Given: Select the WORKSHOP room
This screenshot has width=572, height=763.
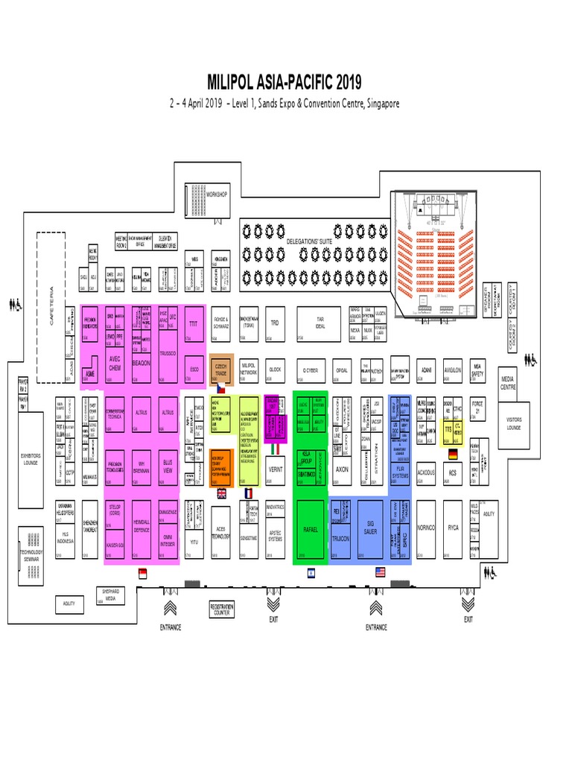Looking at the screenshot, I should click(217, 194).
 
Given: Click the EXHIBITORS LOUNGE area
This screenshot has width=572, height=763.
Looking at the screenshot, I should click(31, 458).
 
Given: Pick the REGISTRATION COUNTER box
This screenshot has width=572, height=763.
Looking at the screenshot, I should click(221, 610).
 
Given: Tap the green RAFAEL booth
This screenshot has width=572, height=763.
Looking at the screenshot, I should click(311, 529).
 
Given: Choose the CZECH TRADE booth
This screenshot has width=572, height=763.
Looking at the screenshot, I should click(221, 369).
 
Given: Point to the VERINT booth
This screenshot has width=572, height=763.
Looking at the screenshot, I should click(275, 471).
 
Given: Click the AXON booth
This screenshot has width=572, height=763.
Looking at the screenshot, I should click(342, 471).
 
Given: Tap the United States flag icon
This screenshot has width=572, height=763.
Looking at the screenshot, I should click(380, 572).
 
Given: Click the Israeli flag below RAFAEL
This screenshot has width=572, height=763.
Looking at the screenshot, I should click(311, 572).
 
